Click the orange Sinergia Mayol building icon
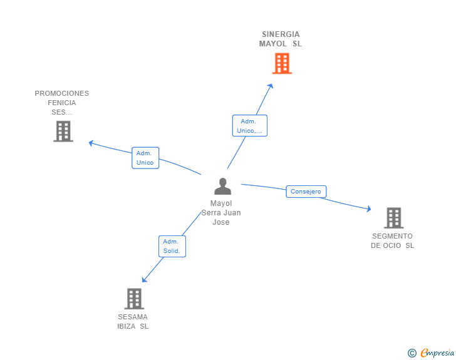pyautogui.click(x=282, y=63)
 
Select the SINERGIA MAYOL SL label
pyautogui.click(x=281, y=39)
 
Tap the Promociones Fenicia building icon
pyautogui.click(x=63, y=131)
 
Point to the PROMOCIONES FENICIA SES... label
pyautogui.click(x=62, y=103)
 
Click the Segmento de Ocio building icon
pyautogui.click(x=393, y=218)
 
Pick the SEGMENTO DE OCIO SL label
pyautogui.click(x=393, y=241)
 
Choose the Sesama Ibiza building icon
pyautogui.click(x=134, y=299)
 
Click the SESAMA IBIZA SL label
pyautogui.click(x=133, y=321)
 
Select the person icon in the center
pyautogui.click(x=222, y=187)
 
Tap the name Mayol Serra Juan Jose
pyautogui.click(x=221, y=213)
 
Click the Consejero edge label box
pyautogui.click(x=306, y=192)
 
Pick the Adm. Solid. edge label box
pyautogui.click(x=172, y=246)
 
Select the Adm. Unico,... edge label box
pyautogui.click(x=249, y=126)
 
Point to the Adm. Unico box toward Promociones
pyautogui.click(x=145, y=158)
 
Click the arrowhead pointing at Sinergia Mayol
pyautogui.click(x=271, y=86)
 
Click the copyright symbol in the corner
pyautogui.click(x=412, y=353)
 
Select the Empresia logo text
pyautogui.click(x=437, y=353)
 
